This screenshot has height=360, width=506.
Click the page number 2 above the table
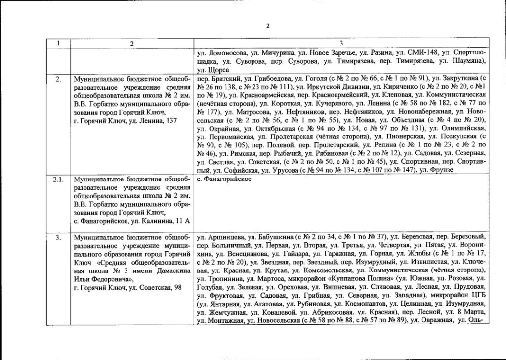coord(267,26)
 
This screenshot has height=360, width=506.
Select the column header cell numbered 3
coord(341,43)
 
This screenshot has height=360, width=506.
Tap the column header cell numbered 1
coord(58,43)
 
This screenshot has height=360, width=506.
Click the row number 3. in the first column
coord(58,237)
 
